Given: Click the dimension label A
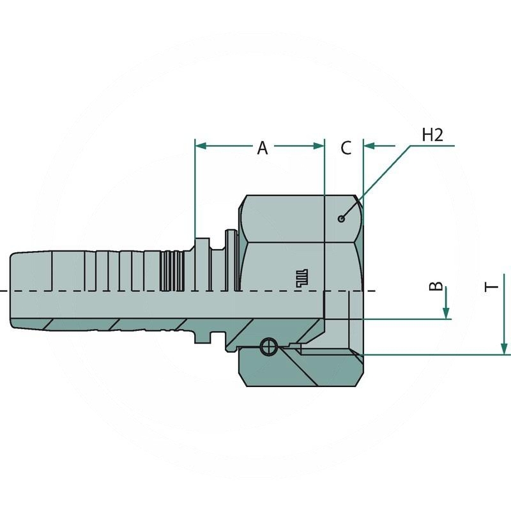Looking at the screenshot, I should click(262, 148).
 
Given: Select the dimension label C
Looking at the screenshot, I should click(345, 148).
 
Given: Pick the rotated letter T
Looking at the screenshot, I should click(492, 286).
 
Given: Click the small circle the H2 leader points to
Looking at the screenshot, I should click(342, 219).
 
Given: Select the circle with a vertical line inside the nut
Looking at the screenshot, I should click(269, 347).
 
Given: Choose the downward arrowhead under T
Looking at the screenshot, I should click(505, 349).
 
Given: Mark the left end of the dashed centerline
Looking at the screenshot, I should click(3, 292).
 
